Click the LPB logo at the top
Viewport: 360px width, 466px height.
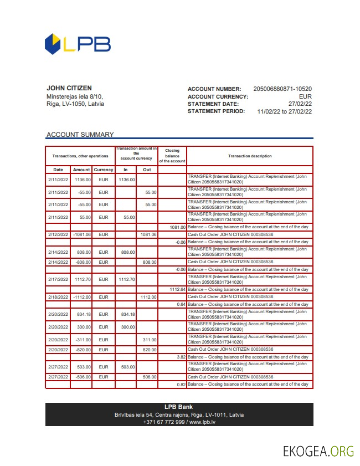pyautogui.click(x=77, y=44)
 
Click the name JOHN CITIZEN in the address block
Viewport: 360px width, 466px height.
pyautogui.click(x=69, y=88)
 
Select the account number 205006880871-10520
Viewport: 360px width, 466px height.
pyautogui.click(x=282, y=89)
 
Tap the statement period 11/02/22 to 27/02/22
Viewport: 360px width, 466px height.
pyautogui.click(x=285, y=111)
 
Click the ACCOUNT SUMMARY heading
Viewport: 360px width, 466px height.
pyautogui.click(x=80, y=135)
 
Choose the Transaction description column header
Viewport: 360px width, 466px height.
pyautogui.click(x=250, y=156)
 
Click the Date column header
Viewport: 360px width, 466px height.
pyautogui.click(x=58, y=170)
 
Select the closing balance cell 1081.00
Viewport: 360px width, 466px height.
pyautogui.click(x=177, y=227)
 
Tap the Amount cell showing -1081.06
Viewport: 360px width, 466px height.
pyautogui.click(x=81, y=235)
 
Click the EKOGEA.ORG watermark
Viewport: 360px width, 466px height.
pyautogui.click(x=318, y=451)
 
